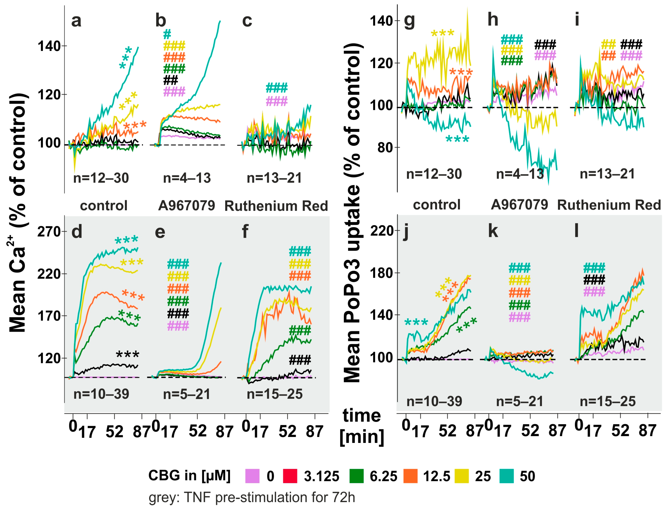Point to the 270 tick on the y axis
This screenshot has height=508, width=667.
click(49, 232)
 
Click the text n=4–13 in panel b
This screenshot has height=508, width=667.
click(187, 178)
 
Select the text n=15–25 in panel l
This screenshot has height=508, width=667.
click(608, 401)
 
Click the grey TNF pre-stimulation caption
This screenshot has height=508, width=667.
click(252, 497)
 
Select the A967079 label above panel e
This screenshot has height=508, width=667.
click(187, 206)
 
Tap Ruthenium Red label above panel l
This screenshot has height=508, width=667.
click(609, 205)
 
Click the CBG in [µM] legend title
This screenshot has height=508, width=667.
click(189, 475)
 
